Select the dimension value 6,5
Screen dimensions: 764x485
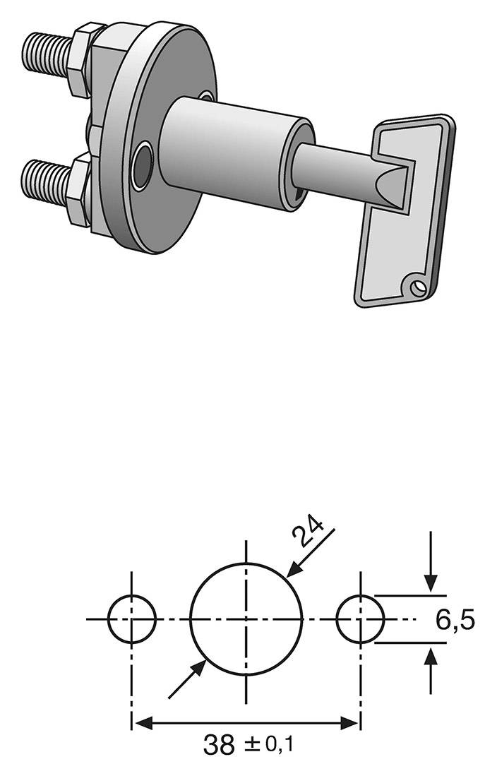(x=455, y=621)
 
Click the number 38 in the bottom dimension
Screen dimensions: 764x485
(x=219, y=744)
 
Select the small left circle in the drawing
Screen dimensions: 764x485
(x=132, y=619)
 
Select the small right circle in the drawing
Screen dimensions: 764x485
(x=360, y=619)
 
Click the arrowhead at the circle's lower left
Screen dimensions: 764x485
(x=200, y=667)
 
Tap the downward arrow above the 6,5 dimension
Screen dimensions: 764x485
(x=431, y=585)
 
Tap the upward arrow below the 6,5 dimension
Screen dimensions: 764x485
(x=431, y=655)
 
